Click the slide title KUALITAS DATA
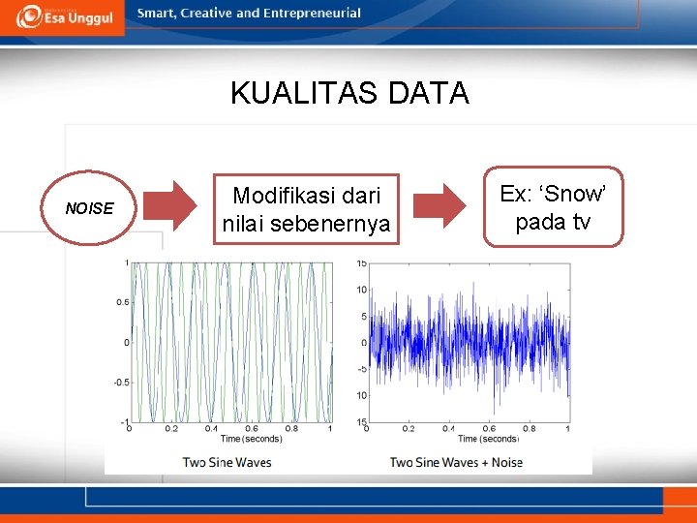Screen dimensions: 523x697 pos(349,93)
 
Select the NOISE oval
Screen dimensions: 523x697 pos(89,208)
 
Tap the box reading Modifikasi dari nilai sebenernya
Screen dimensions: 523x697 pos(306,209)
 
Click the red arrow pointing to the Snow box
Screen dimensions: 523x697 pos(440,204)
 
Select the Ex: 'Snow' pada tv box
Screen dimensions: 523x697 pos(554,207)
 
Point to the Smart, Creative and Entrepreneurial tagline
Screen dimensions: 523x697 pos(249,14)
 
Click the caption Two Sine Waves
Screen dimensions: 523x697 pos(227,462)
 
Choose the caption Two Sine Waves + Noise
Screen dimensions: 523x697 pos(456,462)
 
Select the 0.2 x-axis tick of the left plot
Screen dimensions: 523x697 pos(170,429)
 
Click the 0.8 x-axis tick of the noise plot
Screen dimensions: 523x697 pos(529,429)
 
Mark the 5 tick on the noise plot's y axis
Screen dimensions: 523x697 pos(363,316)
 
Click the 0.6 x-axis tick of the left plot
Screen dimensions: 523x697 pos(251,429)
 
